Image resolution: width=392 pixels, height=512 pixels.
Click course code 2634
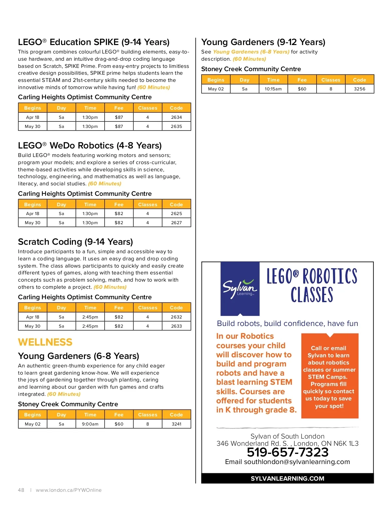coord(176,117)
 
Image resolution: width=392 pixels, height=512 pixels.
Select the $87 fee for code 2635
coord(119,126)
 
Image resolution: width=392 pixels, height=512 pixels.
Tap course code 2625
coord(176,213)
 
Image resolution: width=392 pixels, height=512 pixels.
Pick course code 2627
coord(176,223)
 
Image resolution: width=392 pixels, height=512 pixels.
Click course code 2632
coord(176,317)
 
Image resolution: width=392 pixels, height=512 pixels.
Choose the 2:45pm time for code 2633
coord(90,326)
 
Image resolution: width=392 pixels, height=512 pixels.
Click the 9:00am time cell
coord(90,424)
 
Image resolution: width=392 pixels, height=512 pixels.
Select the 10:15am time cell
coord(273,89)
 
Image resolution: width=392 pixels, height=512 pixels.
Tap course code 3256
coord(359,89)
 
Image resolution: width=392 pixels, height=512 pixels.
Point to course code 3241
coord(176,424)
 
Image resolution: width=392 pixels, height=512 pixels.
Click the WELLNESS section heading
coord(45,342)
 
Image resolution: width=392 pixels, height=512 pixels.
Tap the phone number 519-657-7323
coord(287,452)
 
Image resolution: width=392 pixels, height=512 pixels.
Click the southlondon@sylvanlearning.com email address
coord(297,462)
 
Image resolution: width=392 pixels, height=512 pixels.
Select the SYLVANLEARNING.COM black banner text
coord(287,478)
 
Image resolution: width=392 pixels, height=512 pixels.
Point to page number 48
coord(21,490)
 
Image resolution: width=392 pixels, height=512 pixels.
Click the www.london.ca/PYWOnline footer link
coord(69,490)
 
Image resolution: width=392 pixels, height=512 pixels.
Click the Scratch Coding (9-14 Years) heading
coord(75,242)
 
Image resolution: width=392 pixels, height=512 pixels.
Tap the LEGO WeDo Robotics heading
coord(90,146)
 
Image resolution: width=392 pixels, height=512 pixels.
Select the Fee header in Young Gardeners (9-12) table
coord(302,80)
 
